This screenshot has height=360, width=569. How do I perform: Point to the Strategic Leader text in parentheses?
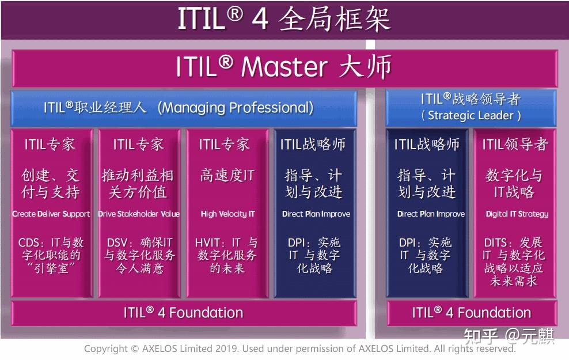coord(471,115)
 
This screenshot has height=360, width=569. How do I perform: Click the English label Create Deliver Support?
coord(51,214)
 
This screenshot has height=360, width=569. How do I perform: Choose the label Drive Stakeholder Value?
coord(139,214)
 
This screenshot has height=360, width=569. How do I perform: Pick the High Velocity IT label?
coord(227,214)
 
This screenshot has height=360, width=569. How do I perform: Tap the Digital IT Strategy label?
coord(517,214)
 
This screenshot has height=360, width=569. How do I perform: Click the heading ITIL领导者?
coord(515,145)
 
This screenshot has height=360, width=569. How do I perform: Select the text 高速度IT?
coord(227,176)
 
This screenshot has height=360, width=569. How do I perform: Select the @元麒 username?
coord(530,336)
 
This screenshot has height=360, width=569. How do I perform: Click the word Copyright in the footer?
coord(106,348)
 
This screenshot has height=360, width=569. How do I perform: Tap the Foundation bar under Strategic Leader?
coord(471,313)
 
